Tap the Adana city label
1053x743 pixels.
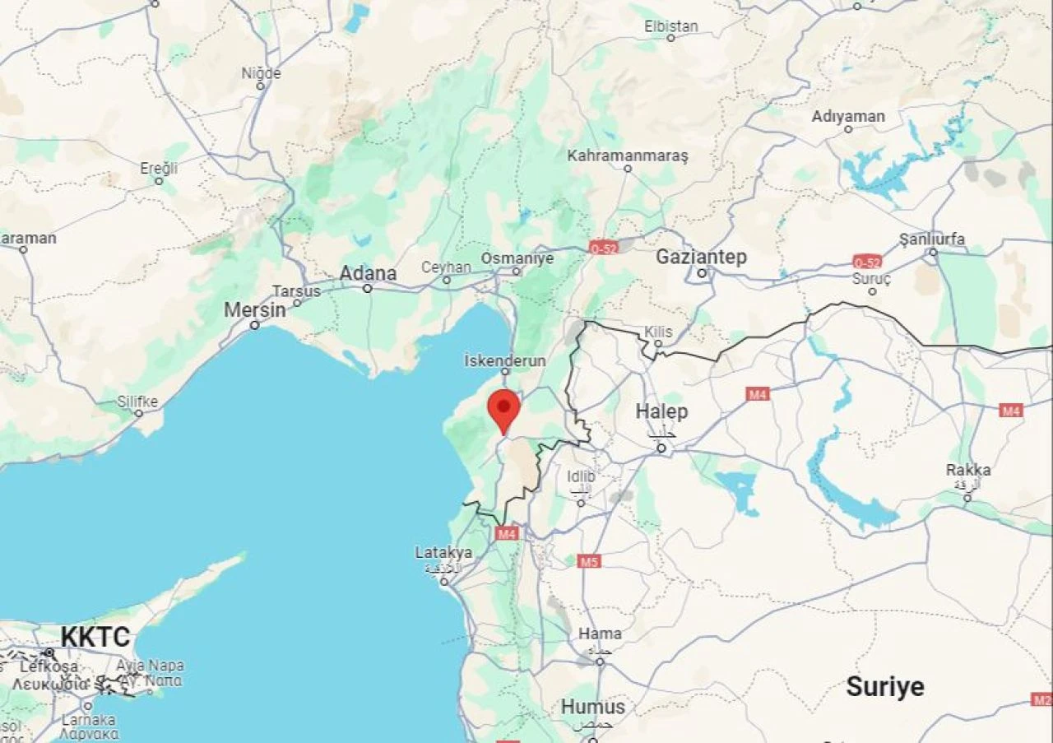click(x=369, y=273)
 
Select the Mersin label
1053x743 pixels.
click(x=256, y=310)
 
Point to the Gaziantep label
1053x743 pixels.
click(x=701, y=258)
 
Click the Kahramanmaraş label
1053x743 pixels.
click(x=627, y=156)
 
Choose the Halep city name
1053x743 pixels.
click(x=661, y=411)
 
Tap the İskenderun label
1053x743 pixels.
click(x=505, y=360)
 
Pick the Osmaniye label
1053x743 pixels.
click(x=517, y=258)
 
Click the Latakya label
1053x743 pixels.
click(x=443, y=552)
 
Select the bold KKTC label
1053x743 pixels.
click(x=95, y=637)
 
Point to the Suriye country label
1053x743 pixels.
click(x=885, y=687)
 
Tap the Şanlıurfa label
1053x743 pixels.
click(x=932, y=239)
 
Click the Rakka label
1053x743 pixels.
click(x=968, y=471)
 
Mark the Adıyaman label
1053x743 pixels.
click(x=848, y=116)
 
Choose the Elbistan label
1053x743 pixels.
click(x=671, y=26)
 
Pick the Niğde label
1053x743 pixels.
click(x=261, y=73)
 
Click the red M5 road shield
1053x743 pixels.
click(x=588, y=561)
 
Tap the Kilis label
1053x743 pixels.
click(x=658, y=332)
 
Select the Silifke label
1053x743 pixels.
click(x=137, y=402)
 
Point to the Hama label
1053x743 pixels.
click(x=600, y=634)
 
